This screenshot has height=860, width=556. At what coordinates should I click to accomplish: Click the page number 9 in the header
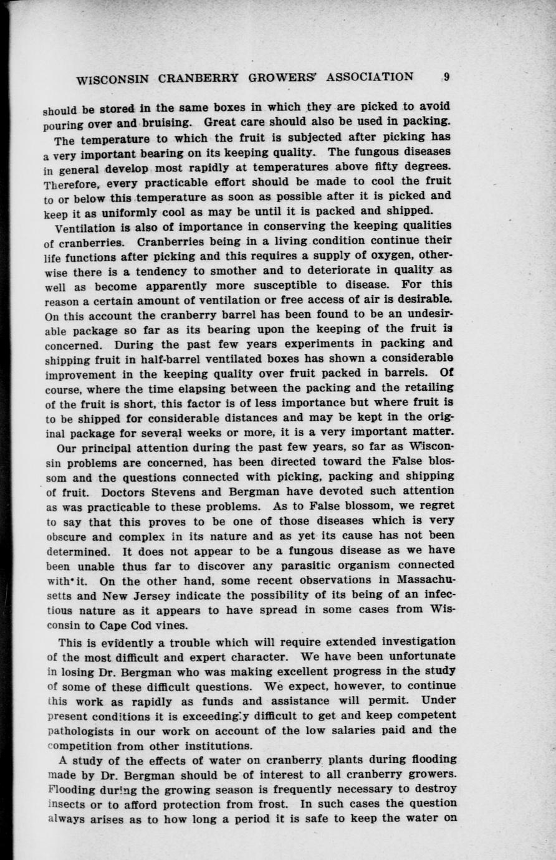tap(447, 77)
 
